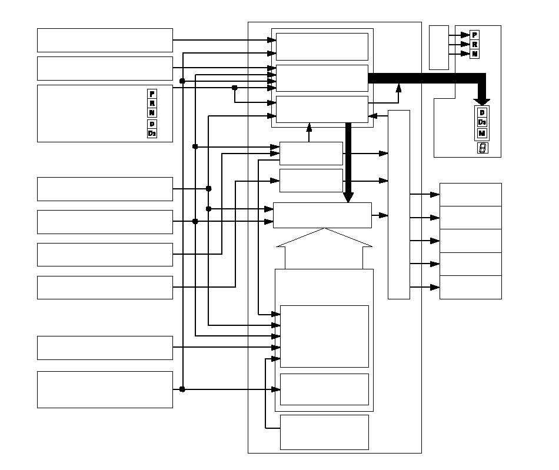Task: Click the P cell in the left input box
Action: tap(152, 94)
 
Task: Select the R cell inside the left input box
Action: tap(152, 103)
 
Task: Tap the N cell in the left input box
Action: tap(152, 112)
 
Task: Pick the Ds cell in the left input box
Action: tap(152, 133)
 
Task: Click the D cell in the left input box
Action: tap(152, 124)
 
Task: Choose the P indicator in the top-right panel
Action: tap(475, 35)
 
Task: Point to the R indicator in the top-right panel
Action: tap(475, 44)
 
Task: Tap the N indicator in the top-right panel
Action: tap(475, 54)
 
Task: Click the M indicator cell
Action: tap(482, 132)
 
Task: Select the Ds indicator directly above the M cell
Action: tap(482, 122)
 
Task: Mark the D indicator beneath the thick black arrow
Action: tap(482, 112)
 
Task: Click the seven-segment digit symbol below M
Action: tap(482, 148)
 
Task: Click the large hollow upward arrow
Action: tap(324, 247)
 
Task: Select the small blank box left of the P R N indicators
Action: tap(439, 47)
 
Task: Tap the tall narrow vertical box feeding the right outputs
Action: tap(398, 204)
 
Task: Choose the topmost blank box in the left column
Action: tap(105, 40)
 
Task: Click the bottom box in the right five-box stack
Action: tap(470, 287)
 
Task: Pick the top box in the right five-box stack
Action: tap(470, 194)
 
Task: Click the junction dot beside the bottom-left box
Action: tap(182, 389)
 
